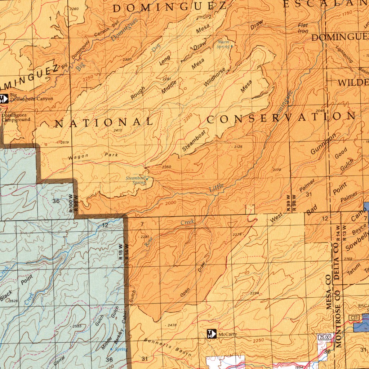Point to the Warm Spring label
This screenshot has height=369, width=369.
coord(223,44)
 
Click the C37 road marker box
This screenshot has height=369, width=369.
coord(355,317)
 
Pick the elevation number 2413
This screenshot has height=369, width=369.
coord(117,130)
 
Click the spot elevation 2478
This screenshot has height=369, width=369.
coord(172,325)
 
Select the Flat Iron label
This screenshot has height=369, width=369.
coord(303,28)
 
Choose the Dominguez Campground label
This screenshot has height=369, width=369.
coord(15,117)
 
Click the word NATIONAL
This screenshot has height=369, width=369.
coord(104,123)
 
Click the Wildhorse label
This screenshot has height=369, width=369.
coord(215,77)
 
